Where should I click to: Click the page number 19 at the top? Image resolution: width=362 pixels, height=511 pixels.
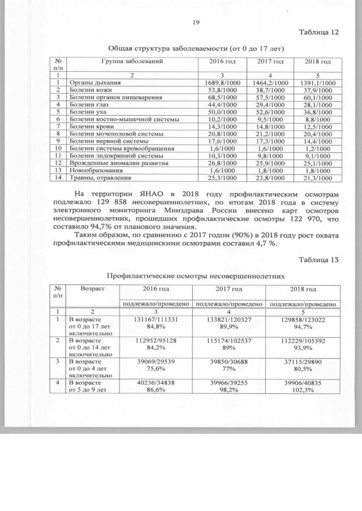point(196,23)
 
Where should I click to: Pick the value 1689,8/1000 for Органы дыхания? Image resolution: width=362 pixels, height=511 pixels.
point(218,84)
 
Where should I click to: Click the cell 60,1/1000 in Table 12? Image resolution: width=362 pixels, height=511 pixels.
point(318,98)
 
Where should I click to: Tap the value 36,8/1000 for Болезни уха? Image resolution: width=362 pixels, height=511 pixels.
point(318,112)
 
